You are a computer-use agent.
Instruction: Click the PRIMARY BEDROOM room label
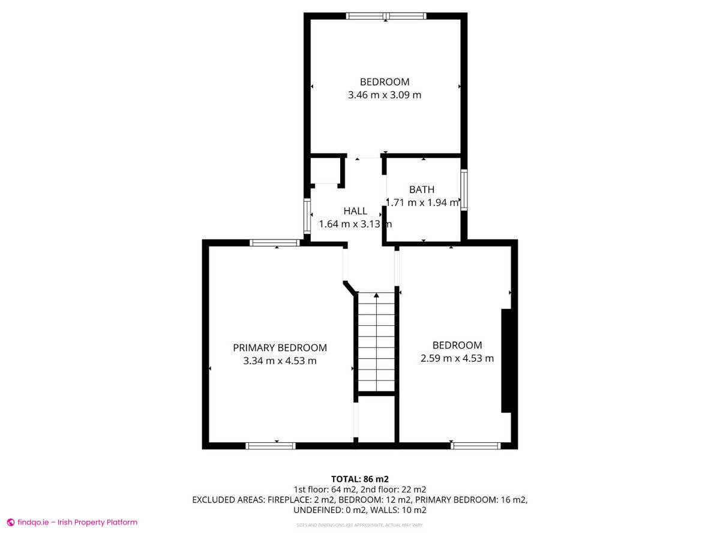pyautogui.click(x=280, y=347)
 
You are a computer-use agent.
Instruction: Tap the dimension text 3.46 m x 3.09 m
pyautogui.click(x=385, y=95)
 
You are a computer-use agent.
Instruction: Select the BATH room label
pyautogui.click(x=422, y=190)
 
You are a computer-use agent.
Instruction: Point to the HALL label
pyautogui.click(x=355, y=211)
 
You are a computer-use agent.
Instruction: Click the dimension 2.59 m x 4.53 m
pyautogui.click(x=457, y=358)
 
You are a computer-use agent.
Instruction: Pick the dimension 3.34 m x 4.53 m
pyautogui.click(x=280, y=361)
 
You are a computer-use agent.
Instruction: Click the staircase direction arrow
pyautogui.click(x=376, y=295)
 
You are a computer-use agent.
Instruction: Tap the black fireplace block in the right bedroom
pyautogui.click(x=506, y=361)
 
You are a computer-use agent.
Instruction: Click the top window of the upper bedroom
pyautogui.click(x=386, y=16)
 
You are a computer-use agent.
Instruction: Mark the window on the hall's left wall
pyautogui.click(x=307, y=216)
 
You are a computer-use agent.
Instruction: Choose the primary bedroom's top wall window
pyautogui.click(x=274, y=243)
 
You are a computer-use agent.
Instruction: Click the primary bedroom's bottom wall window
pyautogui.click(x=271, y=446)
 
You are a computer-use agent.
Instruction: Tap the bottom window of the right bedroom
pyautogui.click(x=476, y=446)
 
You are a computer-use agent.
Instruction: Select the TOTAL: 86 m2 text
pyautogui.click(x=360, y=479)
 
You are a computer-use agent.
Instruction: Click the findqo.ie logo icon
pyautogui.click(x=10, y=523)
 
